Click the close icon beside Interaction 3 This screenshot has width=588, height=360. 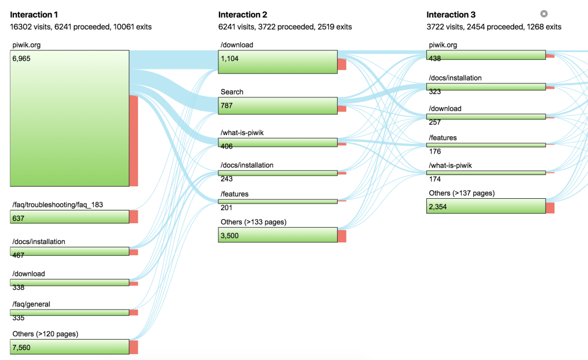[x=544, y=14]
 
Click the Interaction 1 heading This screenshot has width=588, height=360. [x=34, y=14]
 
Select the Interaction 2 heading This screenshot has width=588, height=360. [x=243, y=14]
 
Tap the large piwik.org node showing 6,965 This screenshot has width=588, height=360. [x=70, y=118]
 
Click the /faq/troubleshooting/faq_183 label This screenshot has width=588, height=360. [x=58, y=205]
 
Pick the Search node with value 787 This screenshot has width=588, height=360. [x=278, y=106]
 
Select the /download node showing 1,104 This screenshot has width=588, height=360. [x=278, y=61]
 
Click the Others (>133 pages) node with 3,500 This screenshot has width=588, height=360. [x=278, y=235]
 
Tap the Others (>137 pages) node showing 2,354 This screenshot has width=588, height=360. [x=486, y=206]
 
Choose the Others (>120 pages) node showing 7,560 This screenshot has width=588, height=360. [x=70, y=347]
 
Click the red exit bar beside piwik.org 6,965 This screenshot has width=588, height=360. [x=133, y=141]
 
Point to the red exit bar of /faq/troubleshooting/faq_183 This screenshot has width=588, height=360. [x=133, y=217]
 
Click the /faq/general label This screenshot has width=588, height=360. [x=31, y=304]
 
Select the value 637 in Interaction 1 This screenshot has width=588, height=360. [x=19, y=218]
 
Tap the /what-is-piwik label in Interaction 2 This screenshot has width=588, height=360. [x=242, y=133]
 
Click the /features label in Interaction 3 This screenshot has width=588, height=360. [x=443, y=138]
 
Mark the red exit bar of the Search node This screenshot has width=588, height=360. [x=342, y=109]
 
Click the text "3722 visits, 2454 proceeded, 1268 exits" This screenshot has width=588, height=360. [x=494, y=27]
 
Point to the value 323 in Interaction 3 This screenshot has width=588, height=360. [x=435, y=91]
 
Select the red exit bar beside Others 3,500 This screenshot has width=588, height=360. [x=342, y=236]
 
